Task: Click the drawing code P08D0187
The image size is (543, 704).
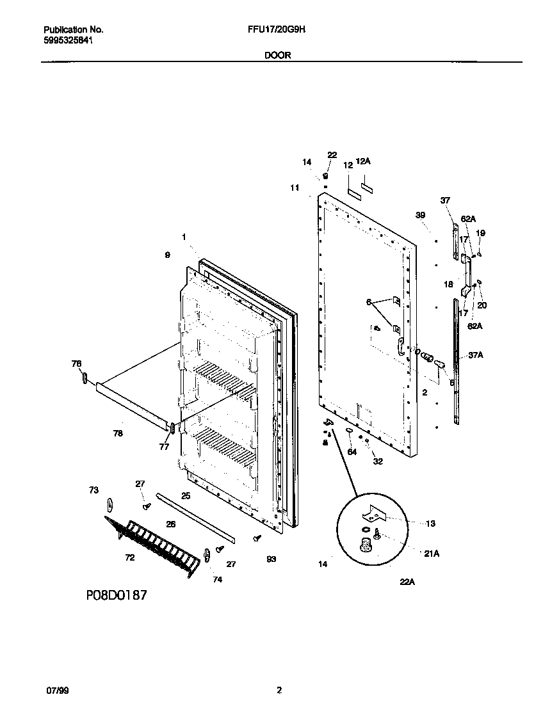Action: [117, 595]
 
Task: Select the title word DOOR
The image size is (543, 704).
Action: [277, 56]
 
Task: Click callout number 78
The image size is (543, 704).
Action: [117, 433]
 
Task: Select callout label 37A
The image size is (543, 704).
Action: [475, 355]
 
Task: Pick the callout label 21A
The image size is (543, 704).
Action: [431, 554]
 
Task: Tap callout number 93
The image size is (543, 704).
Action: [271, 559]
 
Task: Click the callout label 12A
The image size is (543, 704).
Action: [363, 162]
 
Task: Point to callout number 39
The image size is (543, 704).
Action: [420, 216]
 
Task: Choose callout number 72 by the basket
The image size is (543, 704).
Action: [129, 558]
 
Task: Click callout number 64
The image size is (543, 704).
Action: [352, 452]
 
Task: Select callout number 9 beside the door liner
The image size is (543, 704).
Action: [167, 255]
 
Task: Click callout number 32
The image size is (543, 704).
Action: [378, 461]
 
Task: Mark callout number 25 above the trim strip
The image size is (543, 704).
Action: [186, 496]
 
